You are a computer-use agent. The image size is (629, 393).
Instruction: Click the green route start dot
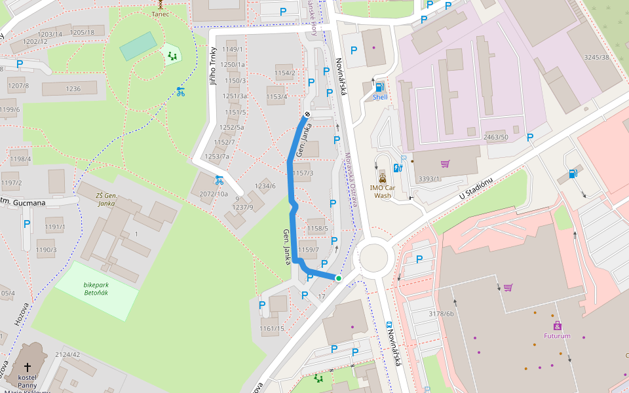[339, 278]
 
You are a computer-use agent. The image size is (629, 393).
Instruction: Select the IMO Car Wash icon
[382, 177]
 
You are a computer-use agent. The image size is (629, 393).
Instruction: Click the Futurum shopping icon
[557, 326]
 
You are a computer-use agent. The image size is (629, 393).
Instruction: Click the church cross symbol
[28, 367]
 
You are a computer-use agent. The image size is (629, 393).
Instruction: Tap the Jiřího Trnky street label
[213, 63]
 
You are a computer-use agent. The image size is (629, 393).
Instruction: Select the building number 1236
[73, 89]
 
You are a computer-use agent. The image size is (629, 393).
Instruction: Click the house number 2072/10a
[214, 194]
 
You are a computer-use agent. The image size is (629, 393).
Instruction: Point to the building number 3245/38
[597, 57]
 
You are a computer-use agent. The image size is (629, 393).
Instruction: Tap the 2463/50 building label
[495, 137]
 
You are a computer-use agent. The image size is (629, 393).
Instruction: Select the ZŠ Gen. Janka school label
[105, 198]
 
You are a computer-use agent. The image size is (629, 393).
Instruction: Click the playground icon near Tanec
[172, 56]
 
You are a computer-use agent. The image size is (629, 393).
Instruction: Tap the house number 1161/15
[272, 328]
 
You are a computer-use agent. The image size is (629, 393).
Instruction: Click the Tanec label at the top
[160, 14]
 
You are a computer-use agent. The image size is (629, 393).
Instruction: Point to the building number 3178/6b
[441, 314]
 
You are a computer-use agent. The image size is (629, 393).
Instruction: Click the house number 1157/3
[303, 173]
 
